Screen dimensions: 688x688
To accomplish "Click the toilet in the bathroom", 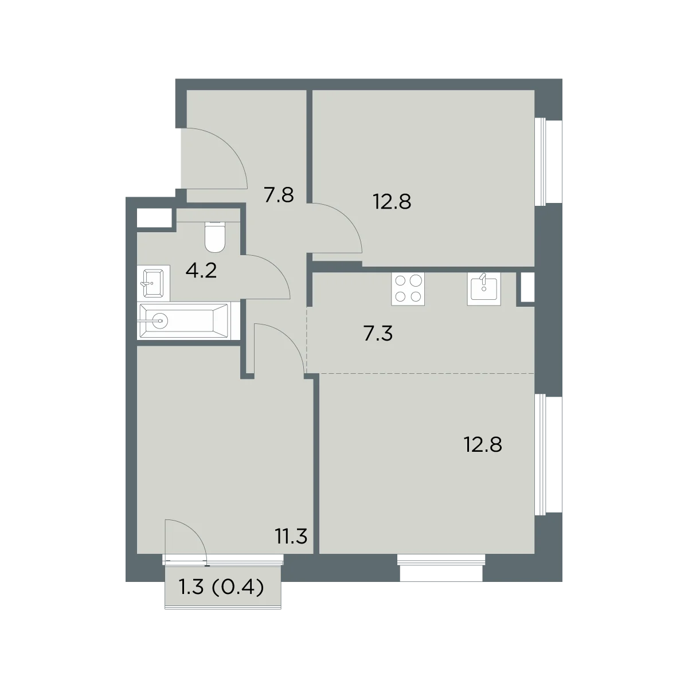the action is click(215, 237).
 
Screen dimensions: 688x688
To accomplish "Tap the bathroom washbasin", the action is click(154, 283).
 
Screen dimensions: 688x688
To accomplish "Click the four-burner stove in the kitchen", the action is click(408, 288).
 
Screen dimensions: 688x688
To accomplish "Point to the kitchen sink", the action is click(484, 288).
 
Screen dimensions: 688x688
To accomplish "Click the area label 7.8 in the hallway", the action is click(279, 196).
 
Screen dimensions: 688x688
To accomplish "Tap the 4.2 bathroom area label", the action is click(201, 271).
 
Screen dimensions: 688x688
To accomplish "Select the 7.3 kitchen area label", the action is click(378, 334).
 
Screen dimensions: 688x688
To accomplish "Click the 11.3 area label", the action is click(291, 536).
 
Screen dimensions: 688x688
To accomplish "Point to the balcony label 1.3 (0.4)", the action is click(221, 587).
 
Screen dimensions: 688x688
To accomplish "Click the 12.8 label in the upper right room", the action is click(392, 202).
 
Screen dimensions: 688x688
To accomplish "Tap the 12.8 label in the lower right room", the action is click(483, 445).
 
